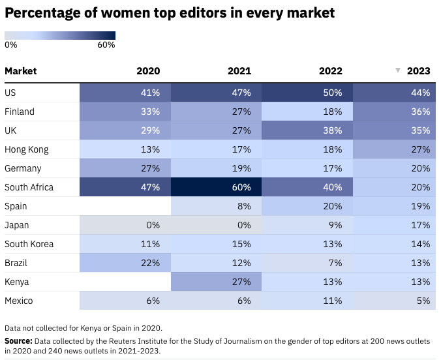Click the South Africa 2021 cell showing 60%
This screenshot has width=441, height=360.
(x=216, y=187)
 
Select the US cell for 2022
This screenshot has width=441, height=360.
(x=307, y=93)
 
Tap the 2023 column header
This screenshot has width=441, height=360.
(x=418, y=71)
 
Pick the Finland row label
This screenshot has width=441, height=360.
(x=20, y=112)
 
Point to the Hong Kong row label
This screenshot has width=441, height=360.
(x=27, y=149)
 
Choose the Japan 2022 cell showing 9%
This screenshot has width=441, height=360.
(x=307, y=225)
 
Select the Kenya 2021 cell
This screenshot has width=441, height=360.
(x=216, y=282)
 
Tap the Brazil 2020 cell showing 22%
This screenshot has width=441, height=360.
(x=125, y=263)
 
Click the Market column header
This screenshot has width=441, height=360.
(x=21, y=71)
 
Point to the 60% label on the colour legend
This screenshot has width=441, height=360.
(x=106, y=45)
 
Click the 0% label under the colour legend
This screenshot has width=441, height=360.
(x=11, y=45)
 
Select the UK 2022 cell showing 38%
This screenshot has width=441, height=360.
(x=307, y=130)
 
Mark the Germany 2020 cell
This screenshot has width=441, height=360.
(x=125, y=168)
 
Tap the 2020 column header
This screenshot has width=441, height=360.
(x=148, y=71)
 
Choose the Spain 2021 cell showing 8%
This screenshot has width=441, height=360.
(x=216, y=206)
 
